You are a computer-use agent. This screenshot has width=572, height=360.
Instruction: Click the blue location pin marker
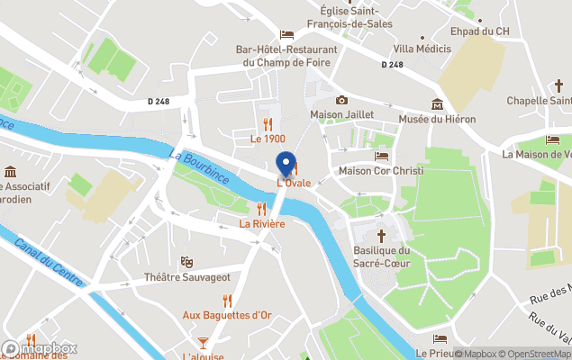[286, 165]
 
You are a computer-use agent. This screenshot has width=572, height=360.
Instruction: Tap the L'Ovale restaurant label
[294, 183]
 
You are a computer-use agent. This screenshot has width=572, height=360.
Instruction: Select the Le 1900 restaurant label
[268, 139]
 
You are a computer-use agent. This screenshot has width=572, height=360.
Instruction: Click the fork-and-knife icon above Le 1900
[268, 123]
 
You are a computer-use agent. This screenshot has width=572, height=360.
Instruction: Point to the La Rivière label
[262, 223]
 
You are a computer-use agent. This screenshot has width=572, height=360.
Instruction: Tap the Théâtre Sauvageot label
[187, 277]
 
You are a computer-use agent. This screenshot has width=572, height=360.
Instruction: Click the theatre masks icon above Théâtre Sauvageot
[187, 262]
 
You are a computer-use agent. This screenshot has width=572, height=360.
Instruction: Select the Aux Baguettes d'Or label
[227, 315]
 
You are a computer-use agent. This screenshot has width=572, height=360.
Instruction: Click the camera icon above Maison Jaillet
[341, 100]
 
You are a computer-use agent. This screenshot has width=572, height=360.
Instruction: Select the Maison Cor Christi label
[380, 171]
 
